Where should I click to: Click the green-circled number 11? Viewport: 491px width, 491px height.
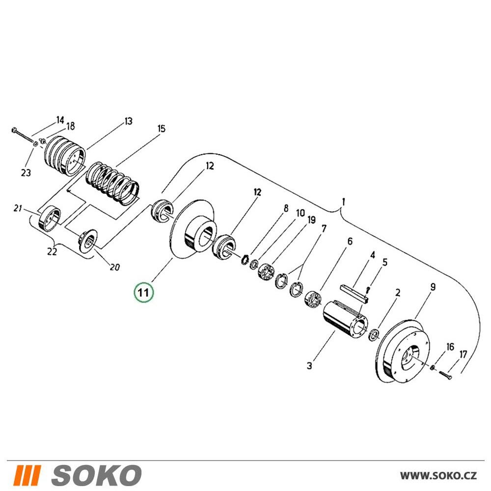pos(144,293)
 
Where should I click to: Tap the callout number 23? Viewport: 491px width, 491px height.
pos(26,172)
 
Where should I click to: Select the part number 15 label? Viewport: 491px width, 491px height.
pos(161,128)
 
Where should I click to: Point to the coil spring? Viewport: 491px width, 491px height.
pos(112,183)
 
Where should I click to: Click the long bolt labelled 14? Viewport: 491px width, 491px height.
pos(24,136)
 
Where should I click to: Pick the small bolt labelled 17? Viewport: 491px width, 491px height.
pos(445,375)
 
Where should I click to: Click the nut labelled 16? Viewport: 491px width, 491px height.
pos(433,367)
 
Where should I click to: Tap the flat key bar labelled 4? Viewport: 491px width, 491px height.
pos(355,293)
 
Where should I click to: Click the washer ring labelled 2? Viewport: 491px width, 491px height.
pos(374,335)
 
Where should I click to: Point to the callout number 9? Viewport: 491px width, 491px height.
pos(433,287)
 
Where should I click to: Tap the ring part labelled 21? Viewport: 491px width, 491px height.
pos(49,219)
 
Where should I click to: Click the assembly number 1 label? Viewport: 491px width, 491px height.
pos(344,202)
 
